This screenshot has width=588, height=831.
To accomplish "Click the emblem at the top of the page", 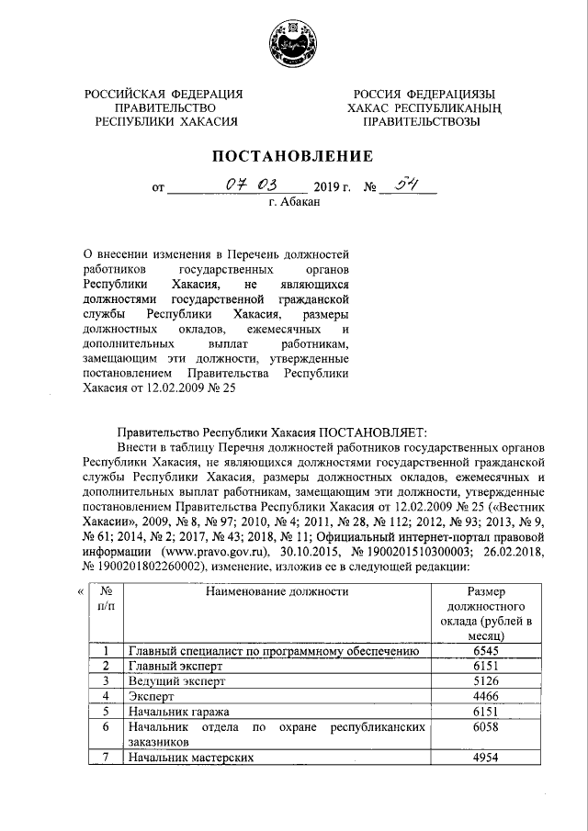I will pos(294,43).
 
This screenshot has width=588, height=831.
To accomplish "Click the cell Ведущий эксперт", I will pos(175,681).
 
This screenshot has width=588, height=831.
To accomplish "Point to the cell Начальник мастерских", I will pos(190,758).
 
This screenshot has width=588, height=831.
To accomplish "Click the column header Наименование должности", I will pos(277,592).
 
